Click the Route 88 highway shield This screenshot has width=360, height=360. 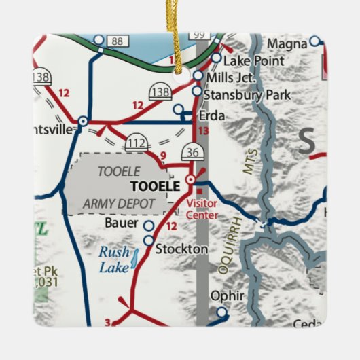point(117,41)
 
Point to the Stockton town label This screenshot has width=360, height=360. point(181,249)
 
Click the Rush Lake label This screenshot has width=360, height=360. point(113,259)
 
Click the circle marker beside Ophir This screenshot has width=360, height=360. point(221,312)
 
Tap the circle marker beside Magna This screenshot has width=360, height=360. point(314,41)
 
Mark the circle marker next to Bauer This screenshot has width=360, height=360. point(149,225)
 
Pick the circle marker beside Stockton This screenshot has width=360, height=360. point(148,240)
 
